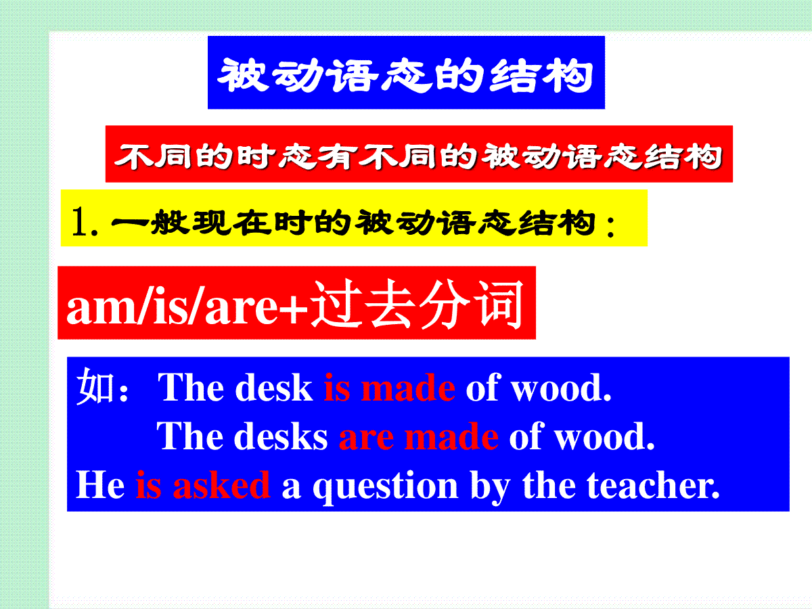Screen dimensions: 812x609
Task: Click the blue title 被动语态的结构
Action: pos(406,75)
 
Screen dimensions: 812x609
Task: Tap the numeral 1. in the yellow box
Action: pos(85,221)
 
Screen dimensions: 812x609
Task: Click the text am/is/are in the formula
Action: pos(172,308)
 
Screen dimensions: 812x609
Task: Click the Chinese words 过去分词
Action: pos(417,304)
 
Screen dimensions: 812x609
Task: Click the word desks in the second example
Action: pos(281,436)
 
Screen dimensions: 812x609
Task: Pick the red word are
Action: pos(366,439)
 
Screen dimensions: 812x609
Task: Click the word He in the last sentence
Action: pos(100,485)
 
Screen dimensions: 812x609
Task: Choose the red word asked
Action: pos(221,484)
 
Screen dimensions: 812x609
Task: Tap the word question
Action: pos(386,487)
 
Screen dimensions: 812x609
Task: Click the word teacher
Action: pos(653,484)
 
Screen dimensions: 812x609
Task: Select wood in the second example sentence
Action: pos(604,436)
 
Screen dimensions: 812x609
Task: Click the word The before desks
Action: pos(190,436)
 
